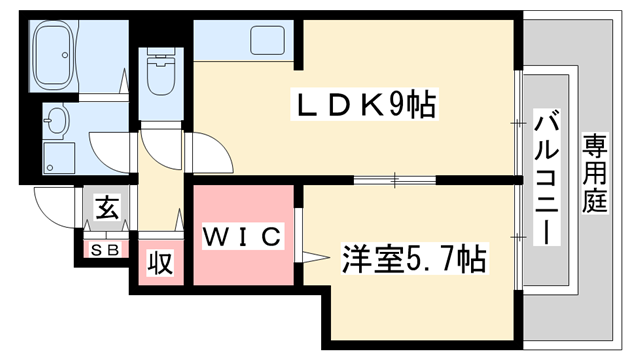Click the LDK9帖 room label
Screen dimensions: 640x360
pos(363,104)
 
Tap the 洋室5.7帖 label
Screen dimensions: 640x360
pos(413,261)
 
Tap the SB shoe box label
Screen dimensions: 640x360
pos(105,247)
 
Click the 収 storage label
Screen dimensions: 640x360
pos(160,263)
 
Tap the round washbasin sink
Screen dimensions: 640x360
pos(56,123)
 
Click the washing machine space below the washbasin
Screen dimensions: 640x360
pos(58,156)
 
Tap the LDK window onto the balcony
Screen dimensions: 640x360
pos(518,120)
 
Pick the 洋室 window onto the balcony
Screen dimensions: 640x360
pos(518,236)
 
